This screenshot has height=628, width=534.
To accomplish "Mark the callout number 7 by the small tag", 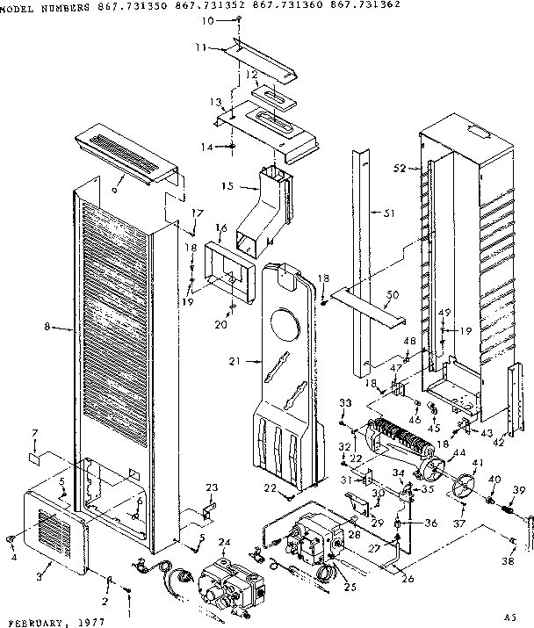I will pos(35,434).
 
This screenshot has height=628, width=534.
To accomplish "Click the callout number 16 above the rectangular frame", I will pos(220,227).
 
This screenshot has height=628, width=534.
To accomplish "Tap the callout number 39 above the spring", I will pos(519,490).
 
